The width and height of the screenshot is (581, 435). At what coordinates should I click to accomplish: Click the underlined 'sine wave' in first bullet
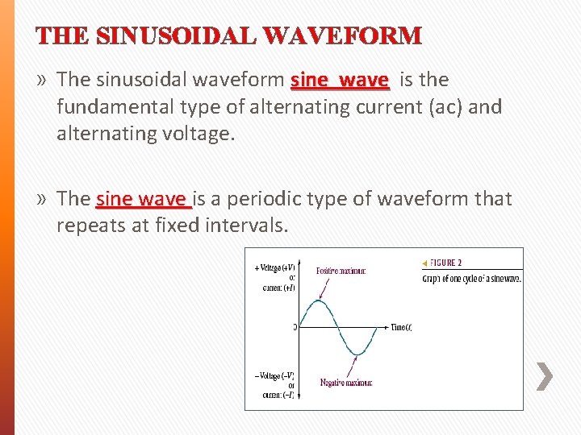pyautogui.click(x=340, y=80)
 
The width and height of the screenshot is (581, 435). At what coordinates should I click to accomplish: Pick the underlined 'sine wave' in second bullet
pyautogui.click(x=141, y=199)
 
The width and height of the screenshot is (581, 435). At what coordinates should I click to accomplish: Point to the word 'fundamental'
pyautogui.click(x=110, y=106)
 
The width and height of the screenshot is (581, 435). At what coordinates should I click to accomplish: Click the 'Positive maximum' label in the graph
pyautogui.click(x=341, y=271)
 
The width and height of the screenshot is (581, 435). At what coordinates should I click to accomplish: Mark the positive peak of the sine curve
pyautogui.click(x=320, y=301)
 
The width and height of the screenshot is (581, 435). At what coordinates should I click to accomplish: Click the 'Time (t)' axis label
pyautogui.click(x=401, y=327)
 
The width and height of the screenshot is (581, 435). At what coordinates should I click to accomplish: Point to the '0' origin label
pyautogui.click(x=295, y=328)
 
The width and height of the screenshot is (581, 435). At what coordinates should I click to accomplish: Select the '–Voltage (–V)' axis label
pyautogui.click(x=274, y=376)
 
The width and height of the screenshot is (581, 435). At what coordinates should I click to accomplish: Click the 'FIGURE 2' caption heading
pyautogui.click(x=445, y=263)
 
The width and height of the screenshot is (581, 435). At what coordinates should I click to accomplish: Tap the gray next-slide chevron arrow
pyautogui.click(x=545, y=376)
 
